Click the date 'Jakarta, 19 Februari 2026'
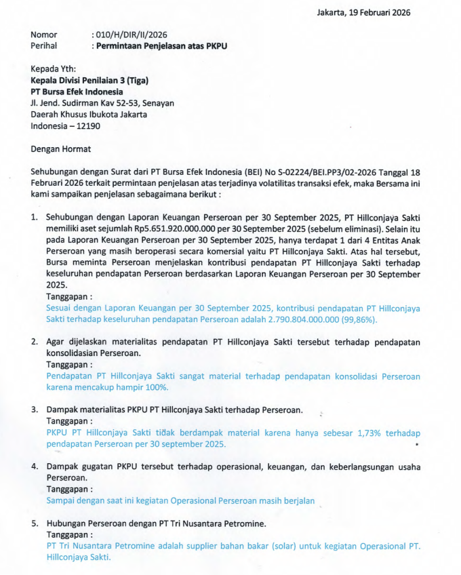point(363,12)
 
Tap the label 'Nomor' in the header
point(44,35)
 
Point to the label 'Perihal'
point(43,46)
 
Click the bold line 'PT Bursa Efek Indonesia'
point(77,92)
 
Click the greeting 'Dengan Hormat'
point(60,149)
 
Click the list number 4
point(34,467)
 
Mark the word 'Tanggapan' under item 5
point(68,535)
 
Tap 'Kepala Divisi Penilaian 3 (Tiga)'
point(89,81)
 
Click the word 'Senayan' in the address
point(158,103)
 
